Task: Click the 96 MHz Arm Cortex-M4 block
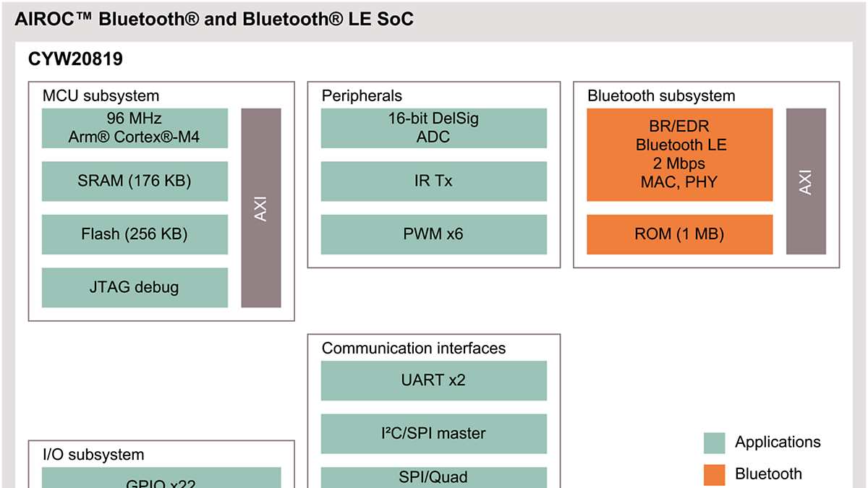[135, 128]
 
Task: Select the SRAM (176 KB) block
[135, 181]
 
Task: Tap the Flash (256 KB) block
[135, 234]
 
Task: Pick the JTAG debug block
[135, 287]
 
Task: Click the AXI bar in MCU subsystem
[261, 207]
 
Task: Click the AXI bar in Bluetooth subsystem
[806, 181]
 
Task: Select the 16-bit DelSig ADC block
[434, 128]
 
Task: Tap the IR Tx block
[434, 181]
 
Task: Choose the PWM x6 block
[434, 234]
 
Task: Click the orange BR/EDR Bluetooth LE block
[679, 154]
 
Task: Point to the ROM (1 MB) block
[679, 234]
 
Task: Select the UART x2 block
[434, 380]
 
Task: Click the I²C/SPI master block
[434, 433]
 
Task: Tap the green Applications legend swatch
[714, 442]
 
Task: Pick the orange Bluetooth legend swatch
[714, 474]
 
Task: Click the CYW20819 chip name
[75, 59]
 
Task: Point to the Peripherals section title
[362, 95]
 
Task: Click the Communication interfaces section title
[413, 348]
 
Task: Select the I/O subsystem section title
[93, 455]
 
